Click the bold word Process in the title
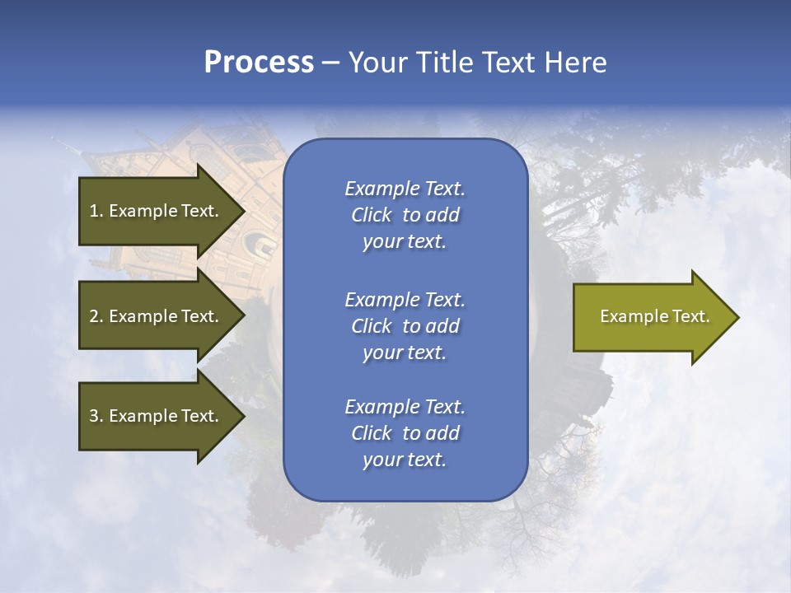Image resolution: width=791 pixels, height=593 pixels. tap(259, 63)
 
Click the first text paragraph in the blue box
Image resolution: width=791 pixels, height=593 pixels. tap(405, 215)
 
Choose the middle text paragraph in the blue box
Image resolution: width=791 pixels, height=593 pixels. tap(405, 326)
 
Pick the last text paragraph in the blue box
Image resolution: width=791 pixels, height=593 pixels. tap(405, 433)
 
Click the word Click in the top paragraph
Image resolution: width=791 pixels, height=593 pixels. tap(372, 215)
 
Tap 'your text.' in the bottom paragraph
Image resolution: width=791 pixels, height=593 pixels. tap(405, 460)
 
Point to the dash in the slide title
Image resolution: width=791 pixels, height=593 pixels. tap(330, 63)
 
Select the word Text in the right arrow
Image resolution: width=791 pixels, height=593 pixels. tap(691, 316)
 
